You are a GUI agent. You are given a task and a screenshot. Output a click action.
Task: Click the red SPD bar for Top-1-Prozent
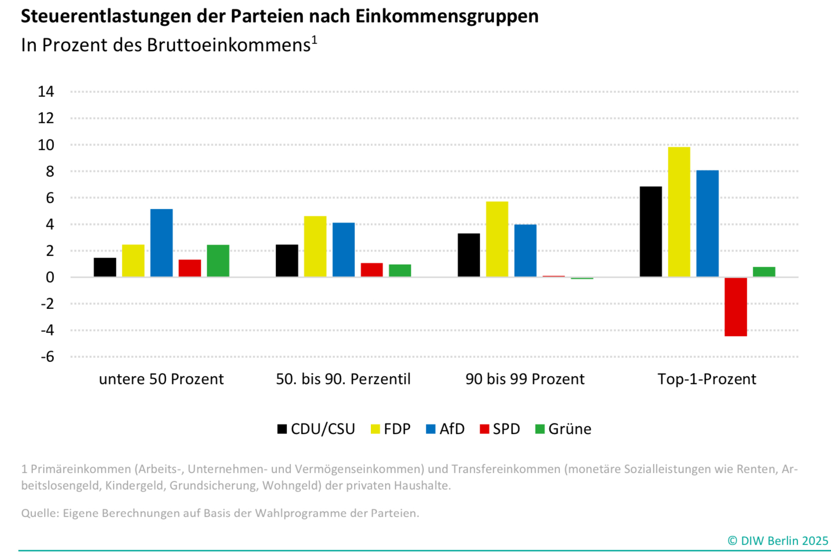tap(736, 306)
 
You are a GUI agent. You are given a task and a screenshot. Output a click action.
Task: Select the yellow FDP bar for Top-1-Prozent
tap(679, 212)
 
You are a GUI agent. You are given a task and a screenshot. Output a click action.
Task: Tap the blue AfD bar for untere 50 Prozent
tap(161, 243)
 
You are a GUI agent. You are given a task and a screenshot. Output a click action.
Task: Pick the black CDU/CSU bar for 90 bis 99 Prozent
tap(469, 255)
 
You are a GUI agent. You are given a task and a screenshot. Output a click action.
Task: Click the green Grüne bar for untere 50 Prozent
tap(218, 261)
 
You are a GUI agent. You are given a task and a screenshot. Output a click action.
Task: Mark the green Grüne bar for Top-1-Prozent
tap(764, 272)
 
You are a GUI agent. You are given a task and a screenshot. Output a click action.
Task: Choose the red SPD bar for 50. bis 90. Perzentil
tap(372, 270)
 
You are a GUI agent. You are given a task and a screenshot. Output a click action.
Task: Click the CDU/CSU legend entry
tap(316, 429)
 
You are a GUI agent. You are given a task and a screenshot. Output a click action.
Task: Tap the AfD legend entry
tap(445, 429)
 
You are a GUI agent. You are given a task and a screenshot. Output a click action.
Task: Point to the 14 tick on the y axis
tap(46, 91)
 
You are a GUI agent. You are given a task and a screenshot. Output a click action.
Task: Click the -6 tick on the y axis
tap(47, 356)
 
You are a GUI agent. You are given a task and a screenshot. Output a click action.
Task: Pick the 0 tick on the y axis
tap(49, 277)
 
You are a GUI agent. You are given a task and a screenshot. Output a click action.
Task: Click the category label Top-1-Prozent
tap(707, 379)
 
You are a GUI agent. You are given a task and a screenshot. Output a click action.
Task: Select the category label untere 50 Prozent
tap(161, 379)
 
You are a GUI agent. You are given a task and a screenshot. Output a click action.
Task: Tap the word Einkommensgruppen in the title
tap(447, 16)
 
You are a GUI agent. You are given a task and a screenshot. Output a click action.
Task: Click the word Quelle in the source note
tap(39, 513)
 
